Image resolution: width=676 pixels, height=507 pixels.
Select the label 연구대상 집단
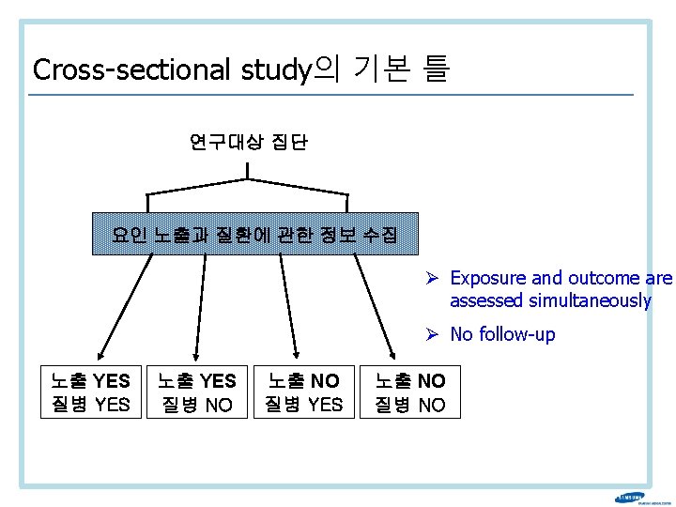pyautogui.click(x=248, y=143)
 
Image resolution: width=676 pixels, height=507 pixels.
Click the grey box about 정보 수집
pyautogui.click(x=254, y=234)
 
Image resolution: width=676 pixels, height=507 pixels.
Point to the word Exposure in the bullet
pyautogui.click(x=493, y=278)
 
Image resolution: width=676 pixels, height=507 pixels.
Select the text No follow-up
pyautogui.click(x=502, y=334)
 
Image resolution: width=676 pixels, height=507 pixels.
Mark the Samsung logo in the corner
pyautogui.click(x=630, y=499)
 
